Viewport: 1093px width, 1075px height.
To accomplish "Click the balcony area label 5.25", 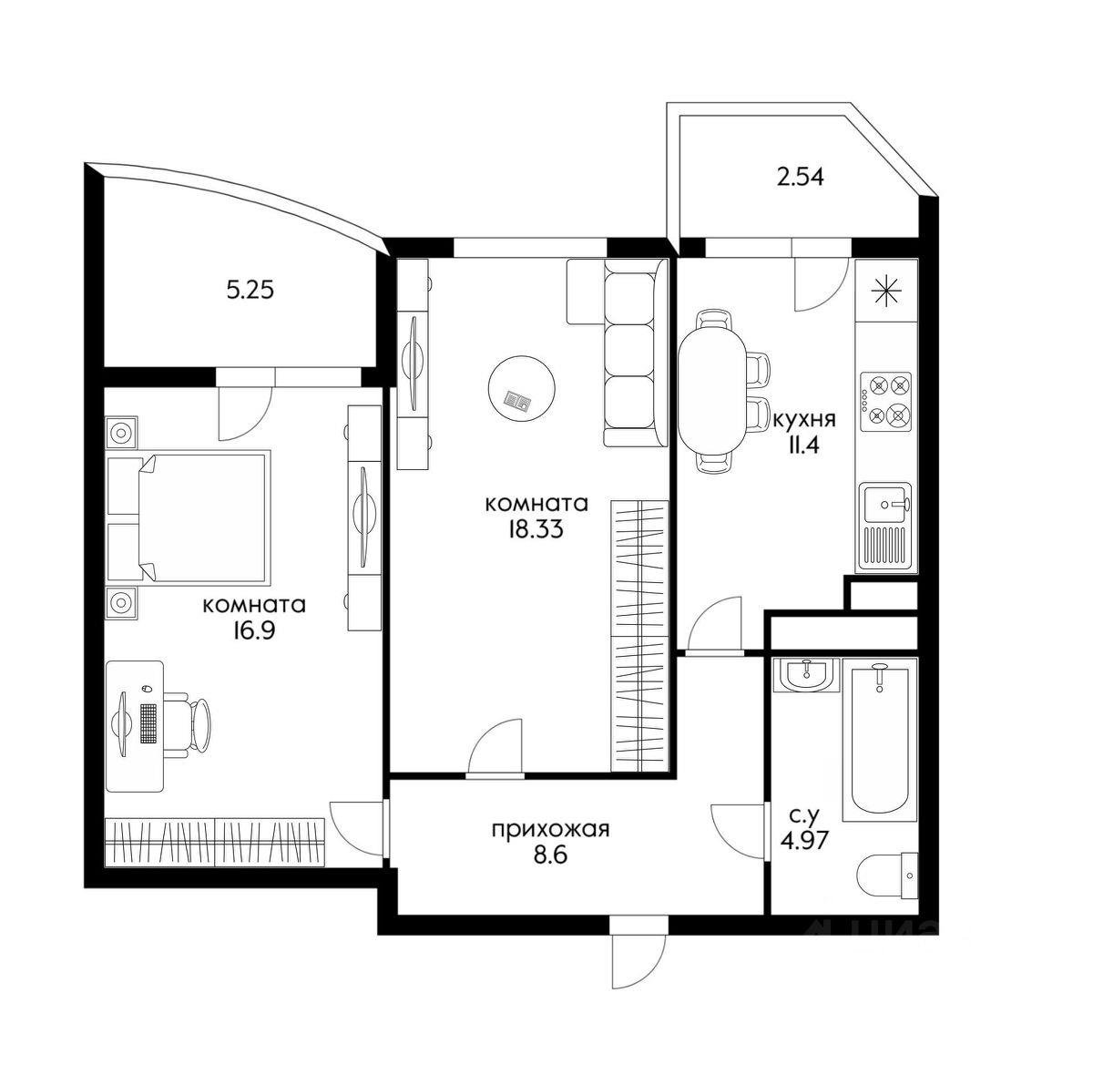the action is [250, 291].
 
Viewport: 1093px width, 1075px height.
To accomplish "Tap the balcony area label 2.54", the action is [800, 178].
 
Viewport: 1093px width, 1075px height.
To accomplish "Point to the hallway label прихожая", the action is [549, 830].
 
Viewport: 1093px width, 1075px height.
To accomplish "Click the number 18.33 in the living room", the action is [536, 529].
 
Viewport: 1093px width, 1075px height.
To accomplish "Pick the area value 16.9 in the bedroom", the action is [253, 630].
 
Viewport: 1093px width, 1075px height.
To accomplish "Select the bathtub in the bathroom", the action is [879, 739].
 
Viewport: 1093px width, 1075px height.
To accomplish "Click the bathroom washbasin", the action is [805, 675].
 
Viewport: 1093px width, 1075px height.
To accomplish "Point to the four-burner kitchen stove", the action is [886, 402].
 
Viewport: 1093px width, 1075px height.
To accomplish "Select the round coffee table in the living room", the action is [521, 388].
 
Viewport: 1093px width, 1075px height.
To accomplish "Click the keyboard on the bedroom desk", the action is [148, 723].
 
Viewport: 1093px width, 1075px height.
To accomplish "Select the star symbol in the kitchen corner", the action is [886, 292].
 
